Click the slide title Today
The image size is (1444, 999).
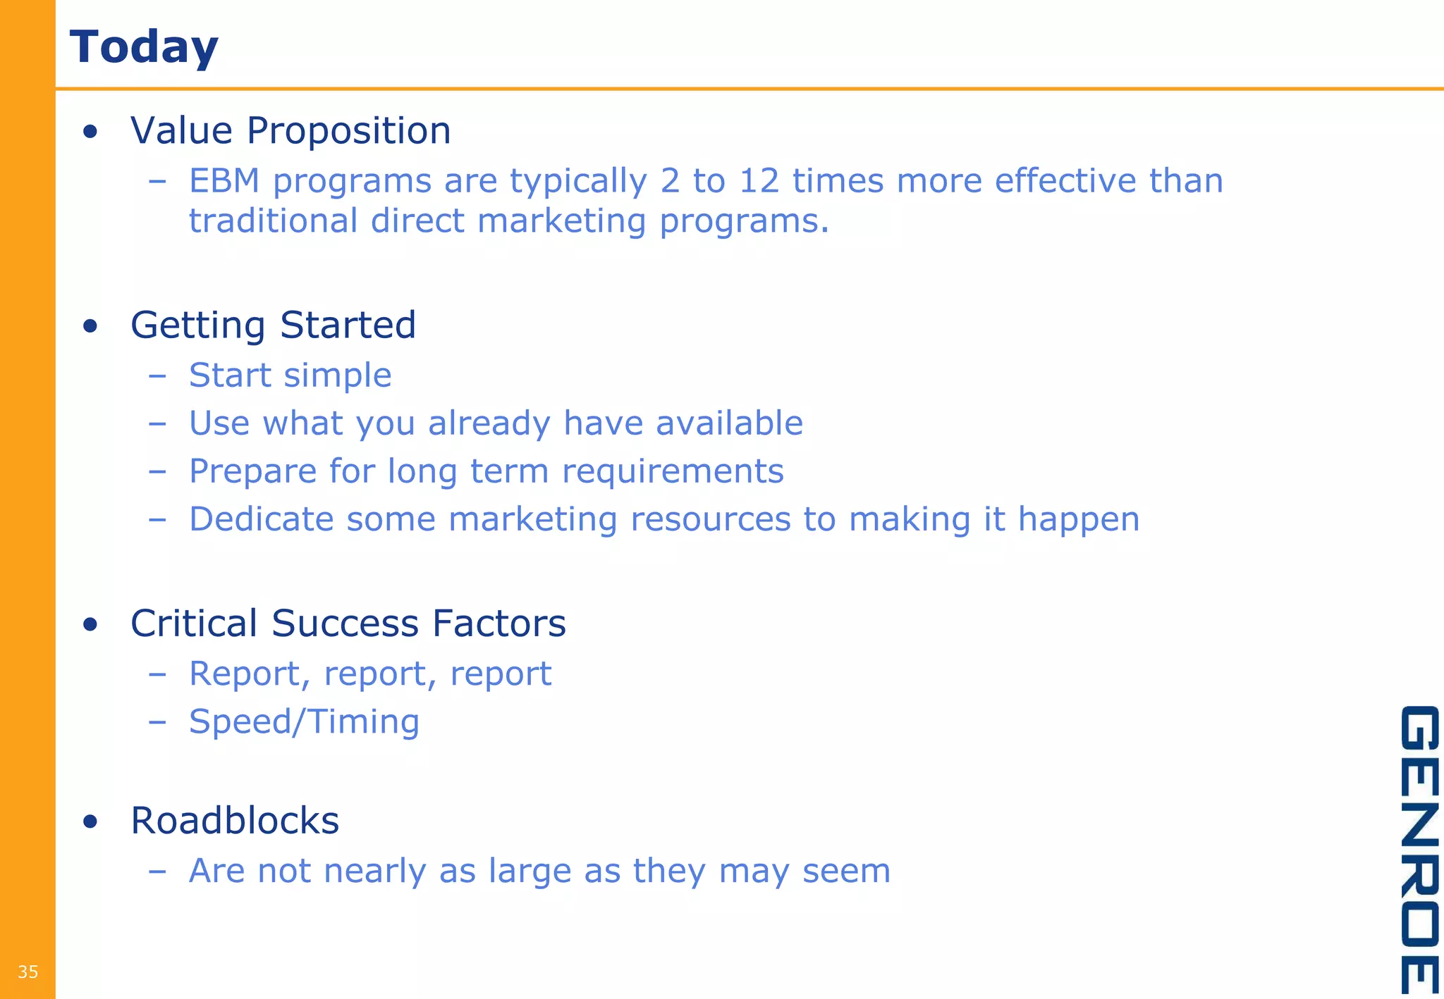(x=144, y=47)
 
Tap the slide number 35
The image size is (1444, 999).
(x=27, y=972)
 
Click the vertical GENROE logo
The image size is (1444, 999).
(x=1419, y=849)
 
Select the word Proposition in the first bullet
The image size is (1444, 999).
(x=348, y=131)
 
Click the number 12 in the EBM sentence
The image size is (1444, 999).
(x=759, y=181)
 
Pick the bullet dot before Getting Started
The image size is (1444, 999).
(x=90, y=326)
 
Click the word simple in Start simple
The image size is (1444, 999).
(x=338, y=376)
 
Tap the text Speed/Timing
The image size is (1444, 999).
(x=304, y=722)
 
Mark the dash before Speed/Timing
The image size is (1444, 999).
(x=157, y=721)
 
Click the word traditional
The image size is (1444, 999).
(x=274, y=221)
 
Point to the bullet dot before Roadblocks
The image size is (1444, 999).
(x=90, y=821)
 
